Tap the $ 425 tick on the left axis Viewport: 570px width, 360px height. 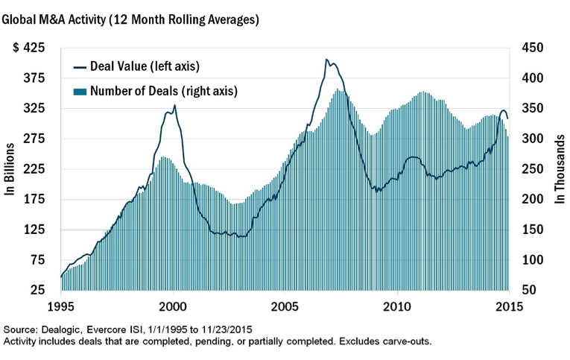[29, 48]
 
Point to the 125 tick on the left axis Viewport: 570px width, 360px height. [34, 230]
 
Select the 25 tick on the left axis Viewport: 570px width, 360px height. [37, 290]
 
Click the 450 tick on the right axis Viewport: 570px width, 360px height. [534, 48]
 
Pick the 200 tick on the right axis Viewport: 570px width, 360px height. [534, 200]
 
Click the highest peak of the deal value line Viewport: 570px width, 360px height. [326, 60]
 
